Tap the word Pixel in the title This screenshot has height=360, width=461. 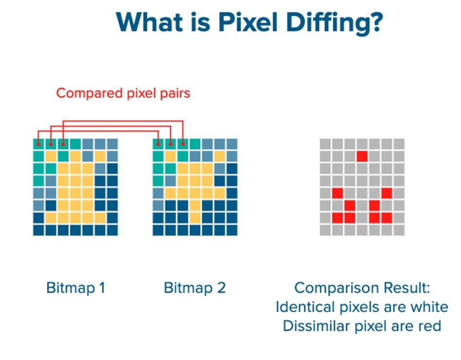pos(248,22)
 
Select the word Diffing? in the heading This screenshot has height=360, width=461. pos(335,24)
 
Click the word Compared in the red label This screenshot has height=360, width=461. pos(89,94)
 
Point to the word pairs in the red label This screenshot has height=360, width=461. pos(175,94)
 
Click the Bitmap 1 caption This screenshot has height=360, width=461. pos(76,287)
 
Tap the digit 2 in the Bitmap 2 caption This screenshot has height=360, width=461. pos(221,287)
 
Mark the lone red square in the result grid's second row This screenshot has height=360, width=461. pos(362,157)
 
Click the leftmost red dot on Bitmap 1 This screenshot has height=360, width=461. pos(38,144)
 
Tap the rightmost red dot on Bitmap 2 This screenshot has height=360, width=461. pos(183,144)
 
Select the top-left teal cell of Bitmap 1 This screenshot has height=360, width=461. pos(38,144)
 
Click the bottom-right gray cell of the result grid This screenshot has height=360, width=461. pos(399,230)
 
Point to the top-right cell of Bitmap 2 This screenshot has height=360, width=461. pos(232,144)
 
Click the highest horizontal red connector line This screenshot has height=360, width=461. pos(123,121)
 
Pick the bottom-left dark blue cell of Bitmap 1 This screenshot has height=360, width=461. pos(38,230)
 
